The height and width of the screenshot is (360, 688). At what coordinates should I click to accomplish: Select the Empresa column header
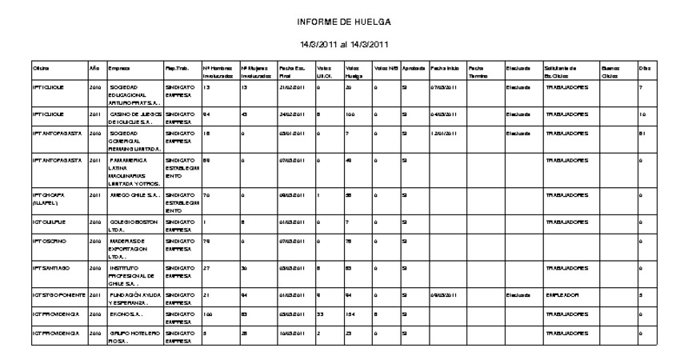pos(119,68)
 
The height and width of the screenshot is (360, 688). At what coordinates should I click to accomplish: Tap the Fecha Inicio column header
pos(445,68)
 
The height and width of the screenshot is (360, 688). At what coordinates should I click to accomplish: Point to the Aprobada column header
pos(414,68)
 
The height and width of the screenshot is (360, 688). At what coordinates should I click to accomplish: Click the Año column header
pos(94,68)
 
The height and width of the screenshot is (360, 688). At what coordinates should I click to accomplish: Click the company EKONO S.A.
pos(126,316)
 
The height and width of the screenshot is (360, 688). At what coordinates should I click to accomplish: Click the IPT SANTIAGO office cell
pos(52,269)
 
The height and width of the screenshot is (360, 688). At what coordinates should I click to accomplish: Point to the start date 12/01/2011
pos(442,133)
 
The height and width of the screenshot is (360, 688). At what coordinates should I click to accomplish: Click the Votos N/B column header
pos(386,68)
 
